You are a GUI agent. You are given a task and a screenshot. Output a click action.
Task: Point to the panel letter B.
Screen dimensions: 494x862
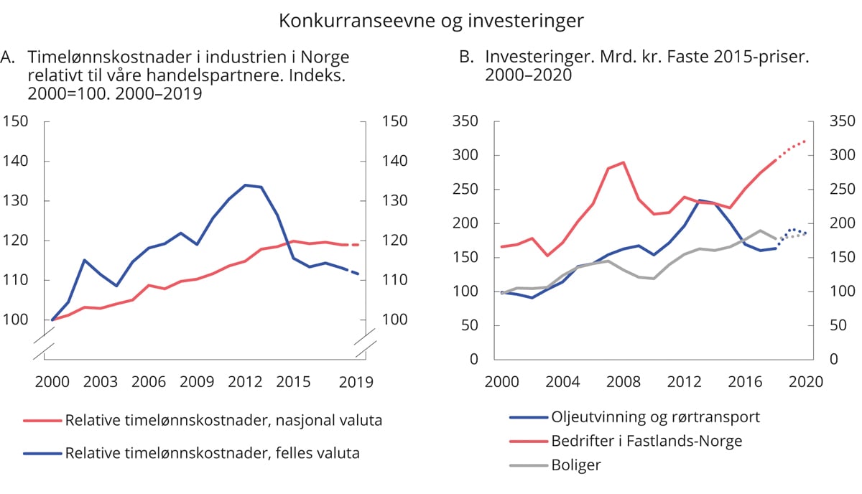[x=466, y=57]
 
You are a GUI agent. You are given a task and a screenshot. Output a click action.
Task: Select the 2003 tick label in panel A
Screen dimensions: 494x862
[x=101, y=382]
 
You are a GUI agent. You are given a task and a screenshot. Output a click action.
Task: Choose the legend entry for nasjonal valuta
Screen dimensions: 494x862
[x=223, y=421]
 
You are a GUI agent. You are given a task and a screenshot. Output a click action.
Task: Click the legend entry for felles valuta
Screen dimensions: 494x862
[x=212, y=454]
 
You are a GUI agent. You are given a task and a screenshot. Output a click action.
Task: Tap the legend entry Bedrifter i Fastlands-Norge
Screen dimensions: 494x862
[x=647, y=440]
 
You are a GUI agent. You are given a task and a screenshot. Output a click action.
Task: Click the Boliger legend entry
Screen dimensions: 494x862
[x=575, y=465]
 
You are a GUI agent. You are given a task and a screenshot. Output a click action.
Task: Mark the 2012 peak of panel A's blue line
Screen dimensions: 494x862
[x=245, y=185]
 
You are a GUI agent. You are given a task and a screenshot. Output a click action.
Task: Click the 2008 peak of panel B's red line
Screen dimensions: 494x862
[x=623, y=162]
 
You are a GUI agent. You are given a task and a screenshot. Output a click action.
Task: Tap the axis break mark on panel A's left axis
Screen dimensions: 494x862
[x=45, y=345]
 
